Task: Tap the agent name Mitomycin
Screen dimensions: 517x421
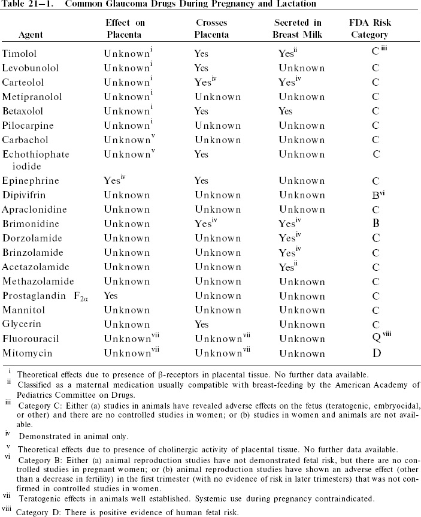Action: click(x=26, y=353)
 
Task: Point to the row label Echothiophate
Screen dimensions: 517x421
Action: click(x=35, y=154)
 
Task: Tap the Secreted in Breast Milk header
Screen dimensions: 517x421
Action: click(x=297, y=29)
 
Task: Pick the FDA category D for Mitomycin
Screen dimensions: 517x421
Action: click(x=376, y=353)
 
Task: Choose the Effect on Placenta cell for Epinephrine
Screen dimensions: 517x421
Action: click(x=112, y=180)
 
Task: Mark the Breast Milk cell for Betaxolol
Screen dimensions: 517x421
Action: click(x=286, y=111)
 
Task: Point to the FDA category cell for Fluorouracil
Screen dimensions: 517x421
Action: click(x=376, y=338)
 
